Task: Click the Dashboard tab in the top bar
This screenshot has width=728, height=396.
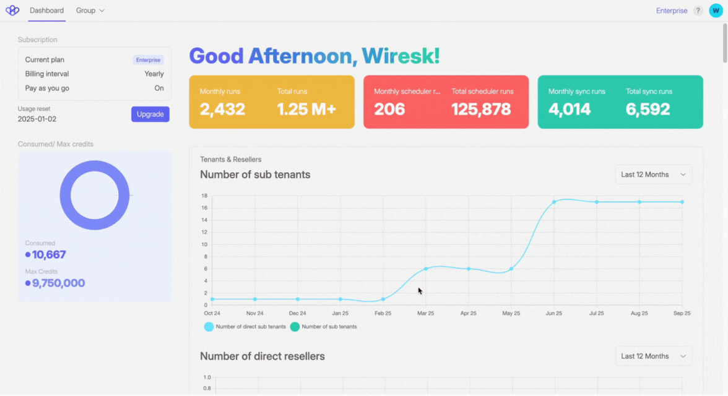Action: tap(46, 11)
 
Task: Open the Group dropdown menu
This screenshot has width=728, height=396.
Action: tap(90, 11)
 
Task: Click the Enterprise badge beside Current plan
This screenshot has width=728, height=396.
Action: tap(149, 60)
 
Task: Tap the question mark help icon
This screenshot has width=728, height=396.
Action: tap(698, 11)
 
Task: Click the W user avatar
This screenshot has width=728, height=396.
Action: tap(716, 11)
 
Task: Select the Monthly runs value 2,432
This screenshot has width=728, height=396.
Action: tap(222, 110)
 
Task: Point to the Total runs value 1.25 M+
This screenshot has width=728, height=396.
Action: tap(306, 110)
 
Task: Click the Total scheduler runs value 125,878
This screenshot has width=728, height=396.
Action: tap(481, 110)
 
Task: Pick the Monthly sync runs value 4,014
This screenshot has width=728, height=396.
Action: tap(570, 110)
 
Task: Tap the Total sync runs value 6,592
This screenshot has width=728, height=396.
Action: tap(648, 110)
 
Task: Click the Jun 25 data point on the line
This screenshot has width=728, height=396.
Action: tap(554, 202)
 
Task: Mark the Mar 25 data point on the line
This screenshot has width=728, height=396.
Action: tap(426, 269)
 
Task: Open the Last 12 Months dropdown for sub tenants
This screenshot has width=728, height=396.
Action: tap(653, 174)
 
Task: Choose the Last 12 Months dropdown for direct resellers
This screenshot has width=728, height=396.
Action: tap(653, 356)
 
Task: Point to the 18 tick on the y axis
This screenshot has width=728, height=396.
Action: tap(204, 196)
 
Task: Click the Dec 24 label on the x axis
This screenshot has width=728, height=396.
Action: tap(298, 313)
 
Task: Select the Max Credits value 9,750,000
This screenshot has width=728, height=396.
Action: tap(58, 283)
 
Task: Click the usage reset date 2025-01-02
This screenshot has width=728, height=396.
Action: tap(37, 119)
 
